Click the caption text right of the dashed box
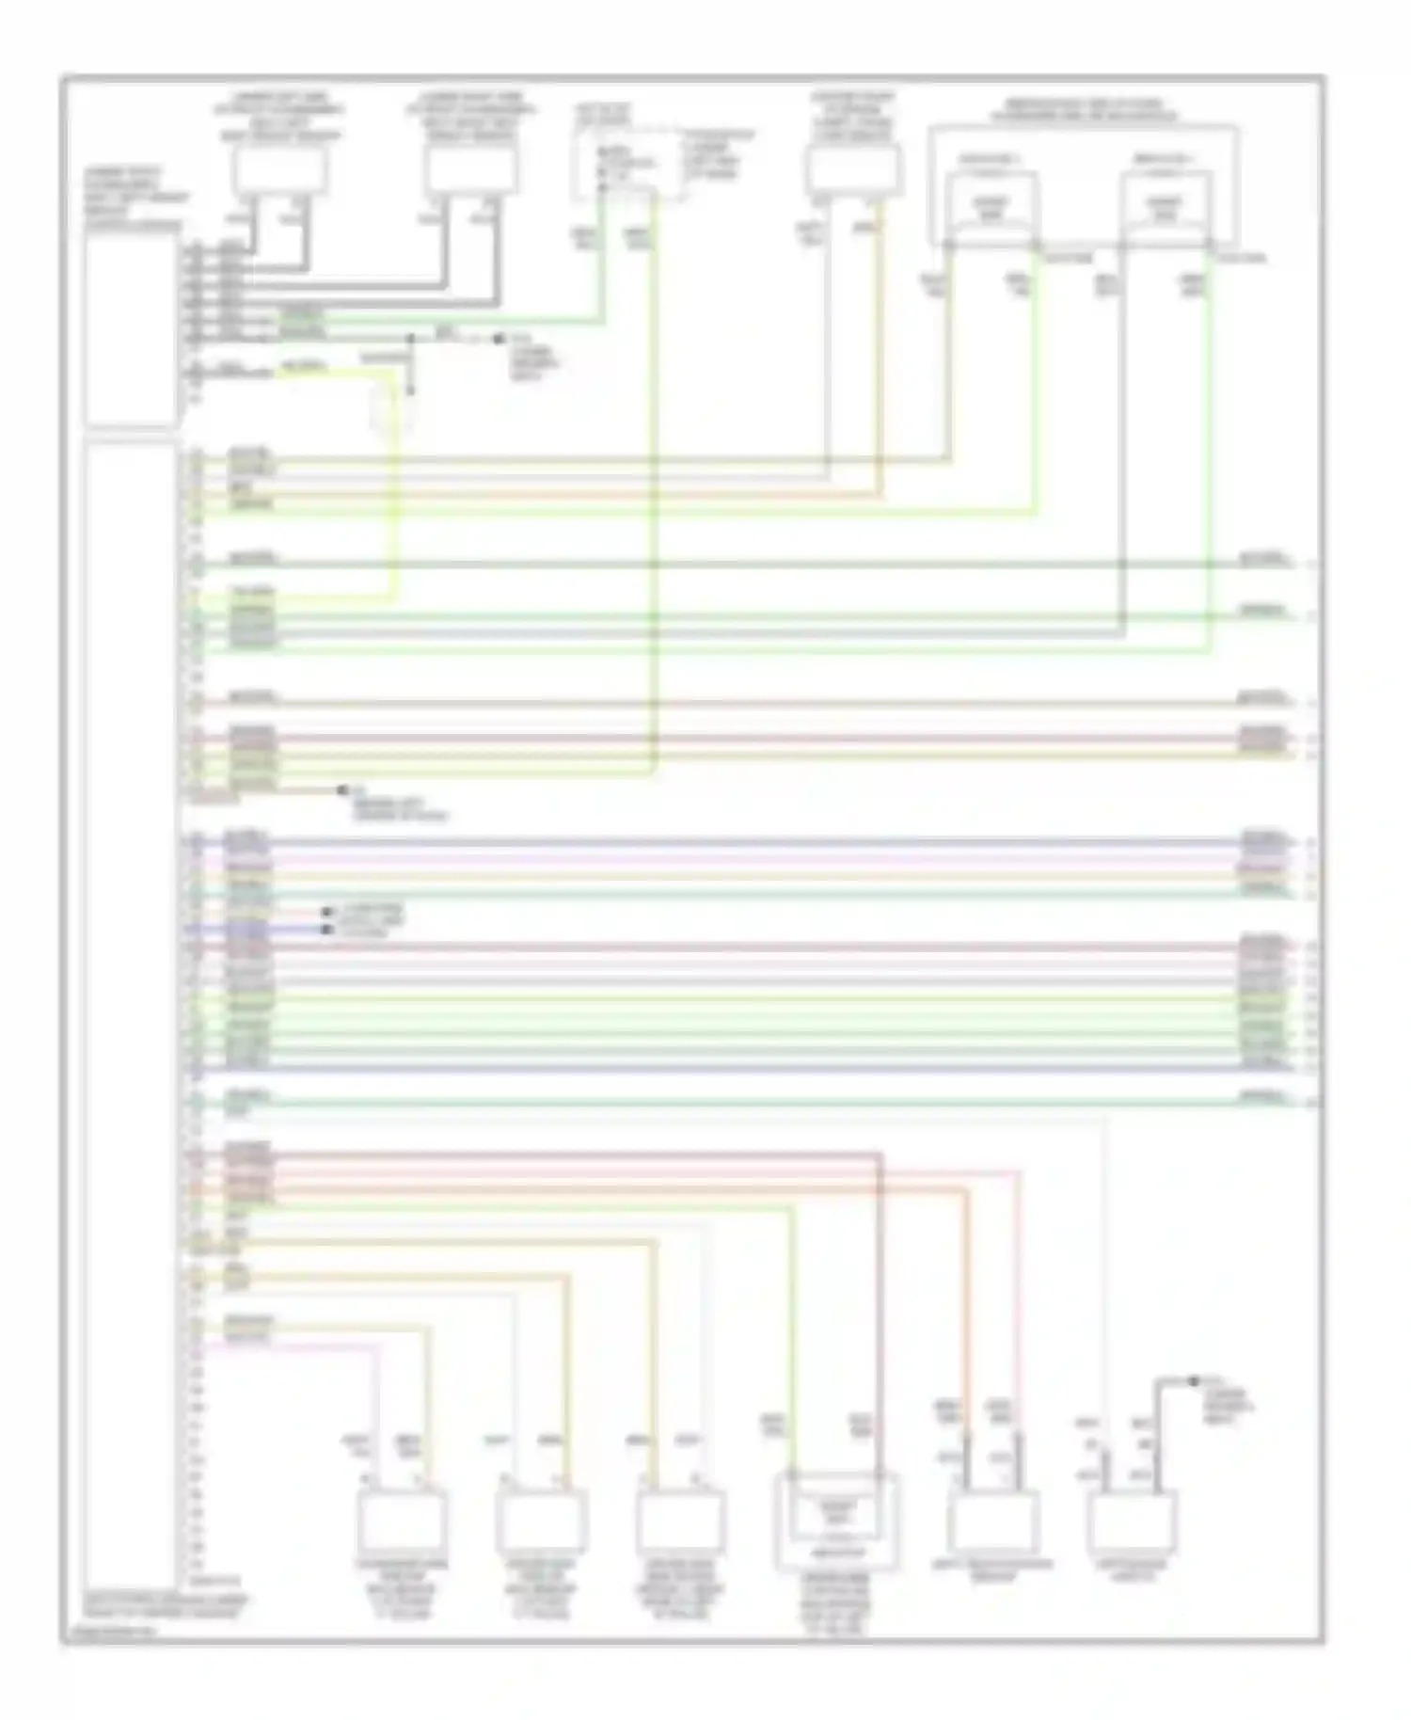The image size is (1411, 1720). click(719, 155)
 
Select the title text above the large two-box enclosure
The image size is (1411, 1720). click(1082, 110)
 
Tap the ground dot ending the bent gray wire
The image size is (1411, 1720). click(1193, 1381)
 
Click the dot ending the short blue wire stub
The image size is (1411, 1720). click(326, 930)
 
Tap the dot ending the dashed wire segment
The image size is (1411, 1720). click(499, 338)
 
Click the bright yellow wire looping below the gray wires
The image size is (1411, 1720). click(391, 489)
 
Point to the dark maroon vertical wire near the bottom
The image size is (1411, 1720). click(879, 1317)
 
